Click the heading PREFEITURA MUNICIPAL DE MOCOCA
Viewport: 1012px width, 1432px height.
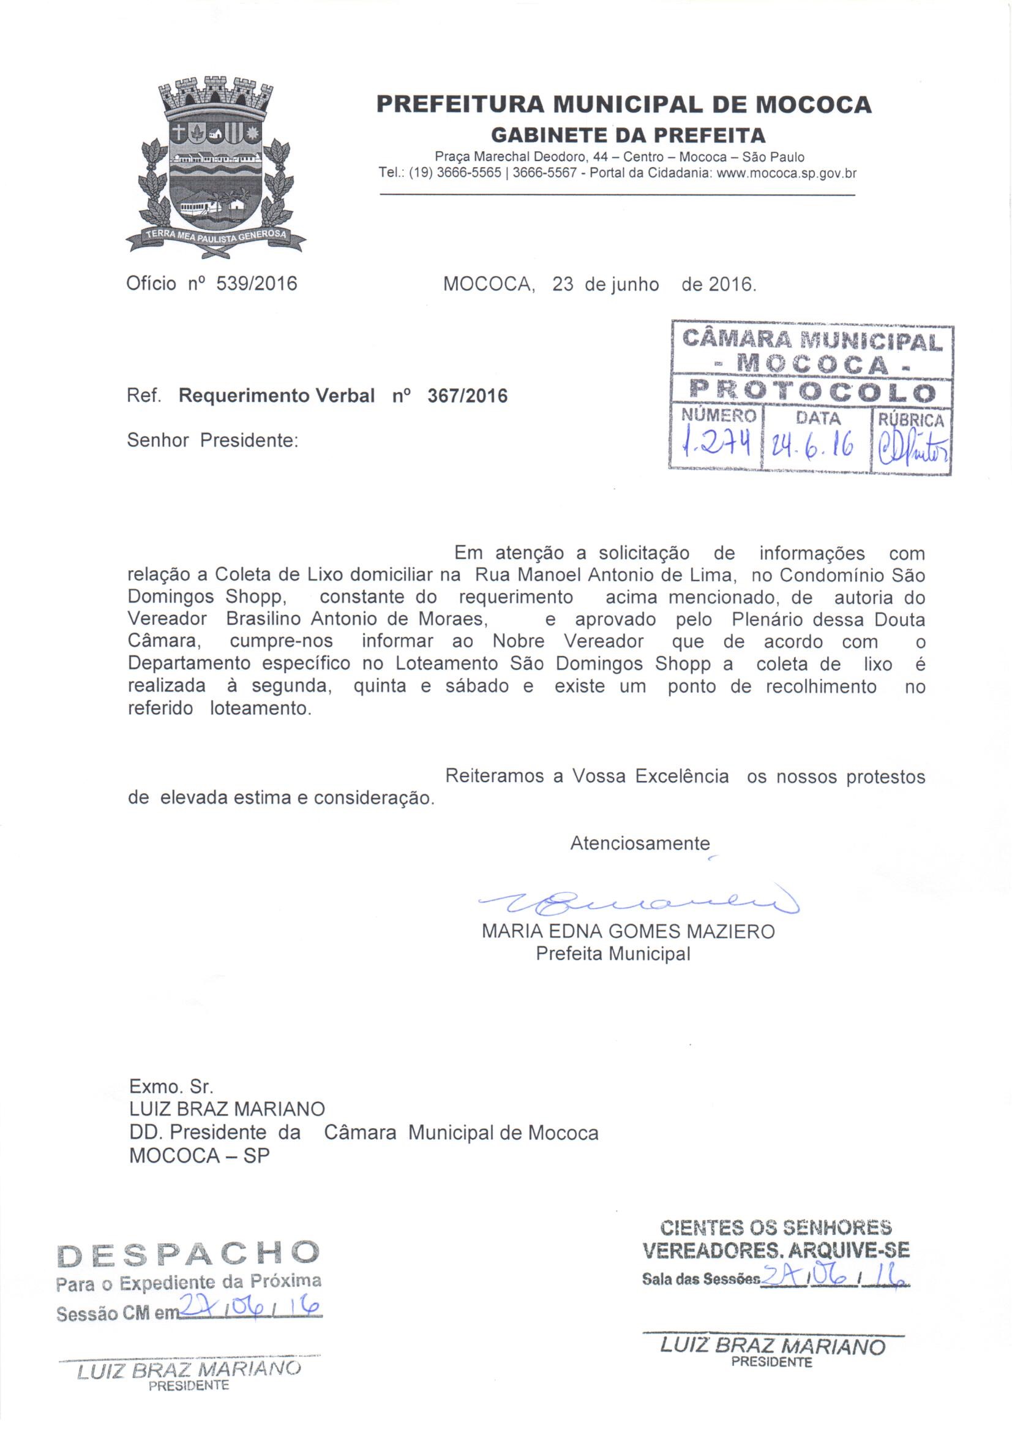click(623, 104)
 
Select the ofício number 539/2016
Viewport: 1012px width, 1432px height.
click(257, 284)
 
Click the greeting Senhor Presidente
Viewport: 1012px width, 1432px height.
click(212, 440)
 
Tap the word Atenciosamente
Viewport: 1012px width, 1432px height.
click(640, 843)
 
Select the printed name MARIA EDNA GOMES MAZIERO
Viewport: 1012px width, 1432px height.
click(629, 932)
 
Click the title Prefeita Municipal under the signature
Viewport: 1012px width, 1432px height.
click(613, 954)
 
